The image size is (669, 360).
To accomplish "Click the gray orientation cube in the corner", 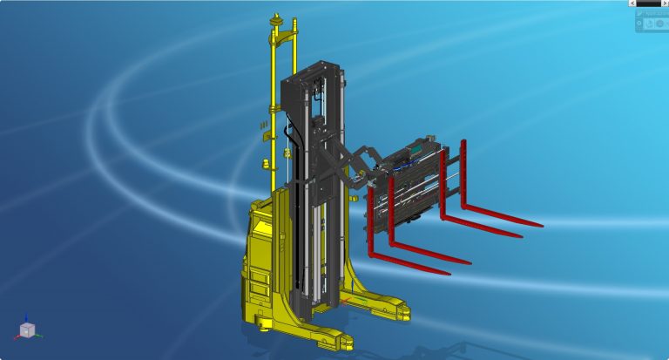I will coord(27,330).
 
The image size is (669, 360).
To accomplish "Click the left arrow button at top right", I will coord(632,3).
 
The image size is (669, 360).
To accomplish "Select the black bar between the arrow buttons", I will coord(648,3).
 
